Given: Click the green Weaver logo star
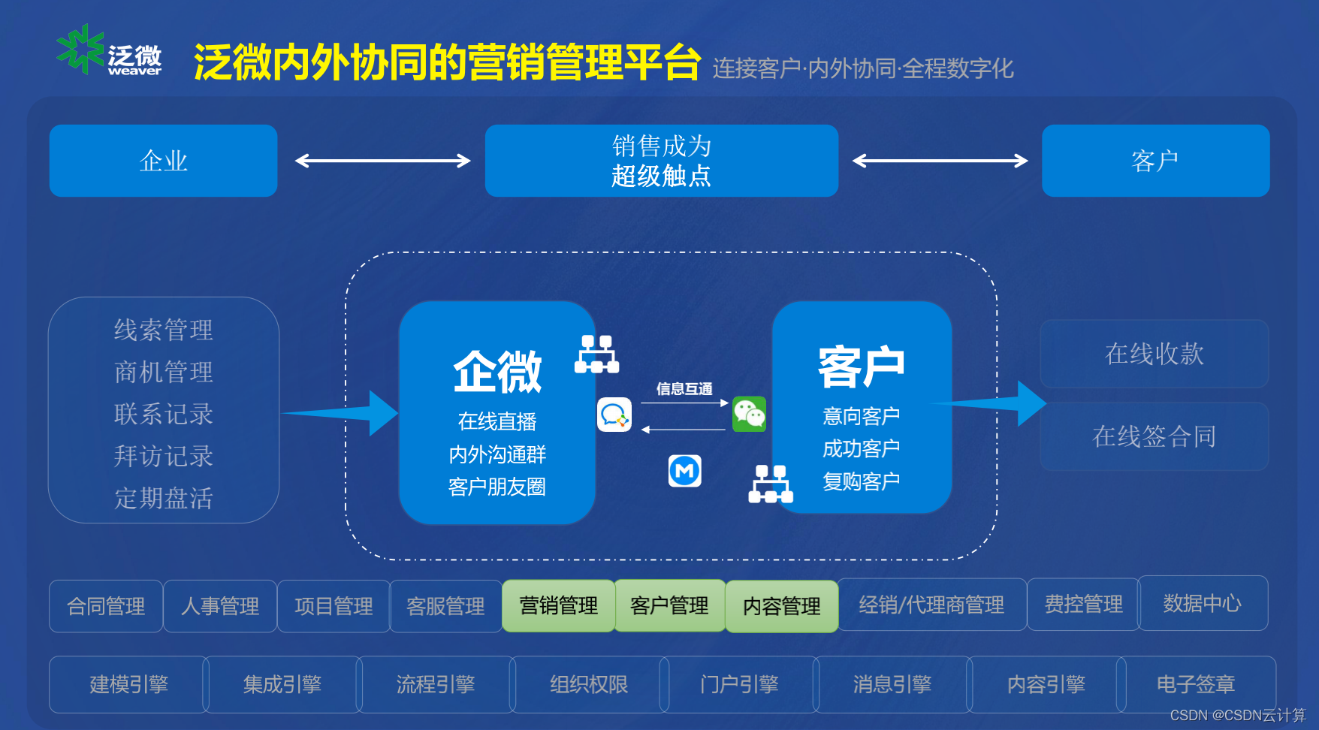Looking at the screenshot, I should click(80, 49).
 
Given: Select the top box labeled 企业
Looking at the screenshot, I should click(163, 161).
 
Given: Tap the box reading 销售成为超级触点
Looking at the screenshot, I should click(661, 161).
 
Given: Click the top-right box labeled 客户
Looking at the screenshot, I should click(1155, 161).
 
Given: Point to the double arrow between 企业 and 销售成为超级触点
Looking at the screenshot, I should click(382, 161).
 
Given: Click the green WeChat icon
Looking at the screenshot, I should click(749, 414).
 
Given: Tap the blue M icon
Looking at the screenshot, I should click(684, 471).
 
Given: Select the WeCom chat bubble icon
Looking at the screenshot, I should click(614, 415).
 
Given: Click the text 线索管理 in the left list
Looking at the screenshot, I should click(163, 330).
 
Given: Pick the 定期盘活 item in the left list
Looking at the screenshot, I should click(163, 498).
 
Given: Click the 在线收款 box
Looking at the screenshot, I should click(1154, 354).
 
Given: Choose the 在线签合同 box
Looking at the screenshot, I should click(1154, 436).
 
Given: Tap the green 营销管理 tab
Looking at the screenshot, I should click(558, 605).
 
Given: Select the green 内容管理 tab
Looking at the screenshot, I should click(781, 606).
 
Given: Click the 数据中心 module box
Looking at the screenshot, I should click(1202, 603).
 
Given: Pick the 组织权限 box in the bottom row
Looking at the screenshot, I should click(588, 684).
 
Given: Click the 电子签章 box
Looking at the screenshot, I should click(1195, 684).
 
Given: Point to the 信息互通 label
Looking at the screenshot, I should click(684, 389).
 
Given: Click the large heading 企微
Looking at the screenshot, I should click(497, 372).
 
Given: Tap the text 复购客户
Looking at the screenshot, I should click(861, 481).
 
